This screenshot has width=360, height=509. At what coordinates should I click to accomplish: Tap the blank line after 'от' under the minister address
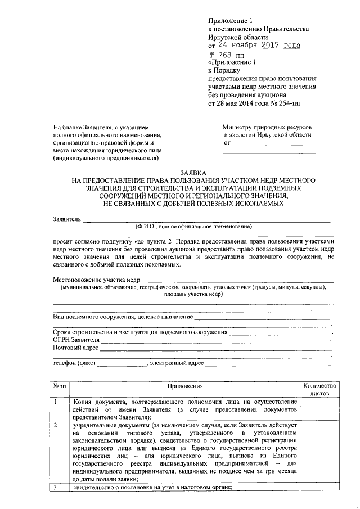tap(273, 145)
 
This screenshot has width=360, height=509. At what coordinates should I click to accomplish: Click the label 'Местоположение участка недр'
tap(96, 280)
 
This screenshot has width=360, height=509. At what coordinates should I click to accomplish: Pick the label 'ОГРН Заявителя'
tap(76, 340)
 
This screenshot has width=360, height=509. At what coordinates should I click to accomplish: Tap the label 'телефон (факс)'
tap(74, 363)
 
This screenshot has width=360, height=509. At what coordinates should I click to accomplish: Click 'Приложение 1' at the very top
tap(232, 20)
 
